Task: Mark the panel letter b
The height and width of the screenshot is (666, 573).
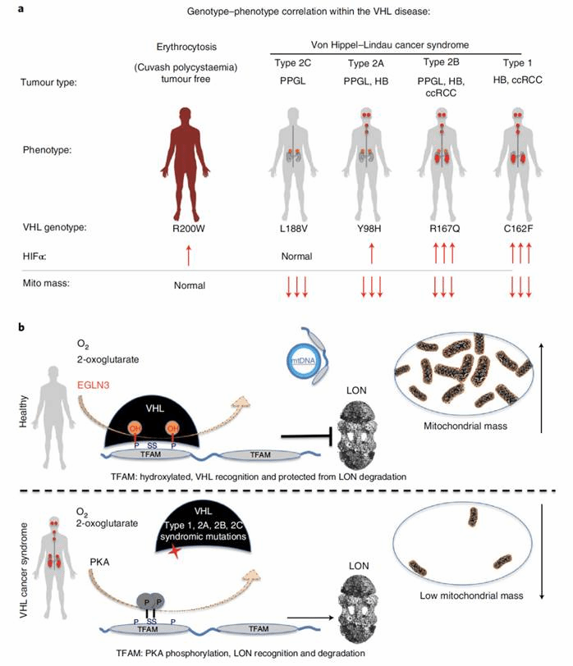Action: coord(32,326)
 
